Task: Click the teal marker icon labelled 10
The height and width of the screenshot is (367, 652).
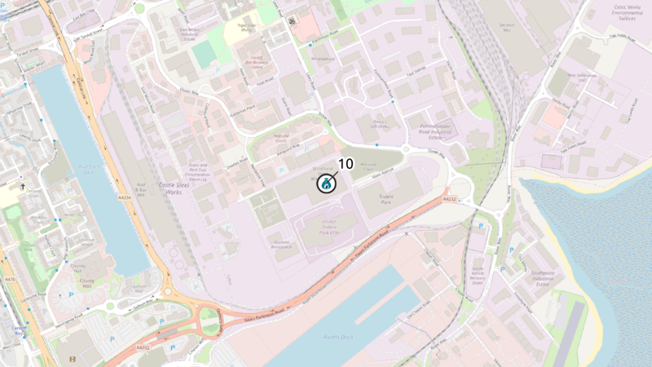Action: (326, 183)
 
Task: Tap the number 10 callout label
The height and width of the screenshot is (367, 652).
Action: (345, 164)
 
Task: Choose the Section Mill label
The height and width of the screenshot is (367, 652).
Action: (508, 26)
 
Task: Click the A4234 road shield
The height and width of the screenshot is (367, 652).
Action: (125, 197)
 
